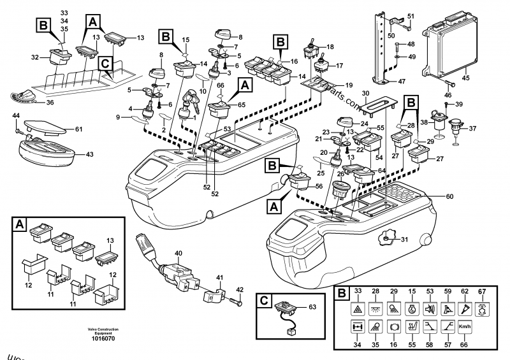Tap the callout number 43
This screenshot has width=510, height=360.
click(89, 154)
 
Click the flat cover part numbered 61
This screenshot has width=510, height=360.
click(43, 129)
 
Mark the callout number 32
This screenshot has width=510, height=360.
click(36, 57)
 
